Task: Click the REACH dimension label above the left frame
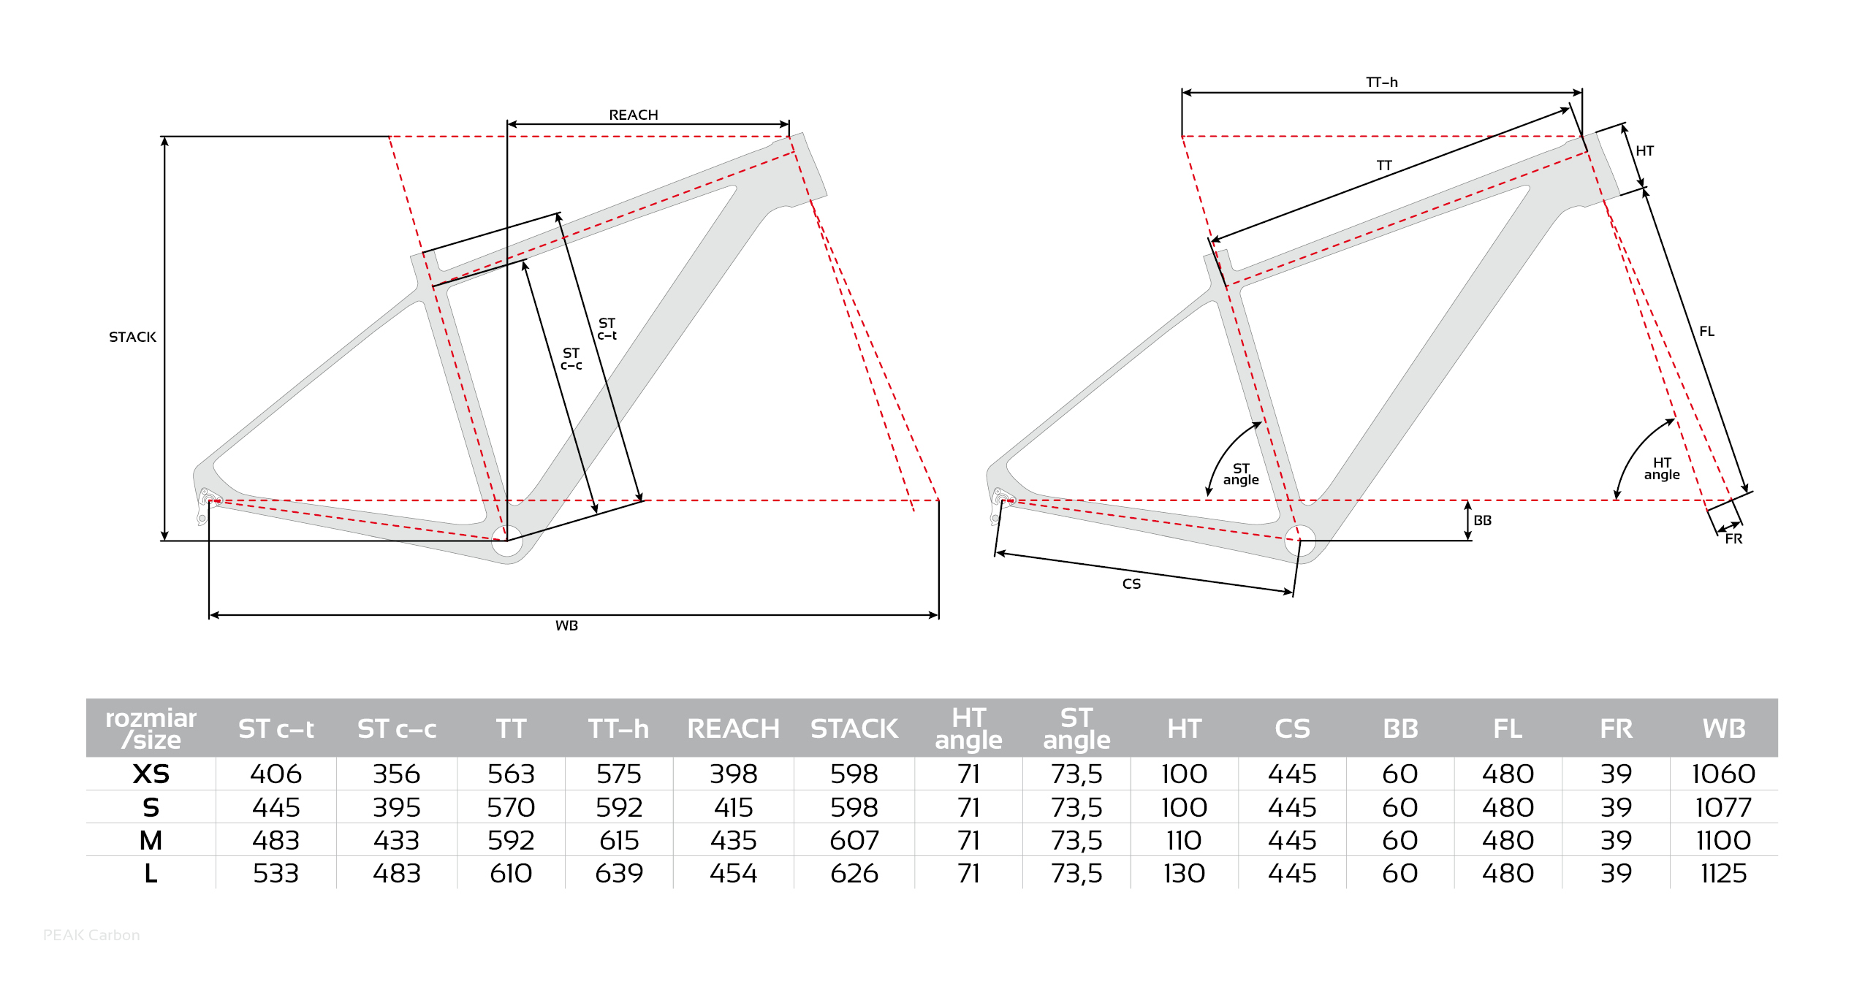point(634,115)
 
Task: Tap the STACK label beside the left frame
point(132,337)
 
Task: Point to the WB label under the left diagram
point(566,625)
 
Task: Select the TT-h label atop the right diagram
point(1382,82)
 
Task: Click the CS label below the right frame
point(1131,584)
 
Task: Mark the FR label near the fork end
point(1733,538)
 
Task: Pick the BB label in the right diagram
point(1482,520)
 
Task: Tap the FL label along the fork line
point(1706,331)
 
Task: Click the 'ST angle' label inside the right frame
point(1241,474)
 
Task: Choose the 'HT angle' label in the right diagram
point(1662,468)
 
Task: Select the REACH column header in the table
point(733,728)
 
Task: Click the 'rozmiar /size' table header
point(151,728)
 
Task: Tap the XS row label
point(151,774)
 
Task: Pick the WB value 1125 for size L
point(1723,873)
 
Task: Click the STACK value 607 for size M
point(854,840)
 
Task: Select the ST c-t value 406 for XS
point(276,774)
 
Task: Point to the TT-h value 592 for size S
point(618,807)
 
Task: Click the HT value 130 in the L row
point(1184,873)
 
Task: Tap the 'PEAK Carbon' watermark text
point(91,935)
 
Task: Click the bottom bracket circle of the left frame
point(506,541)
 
